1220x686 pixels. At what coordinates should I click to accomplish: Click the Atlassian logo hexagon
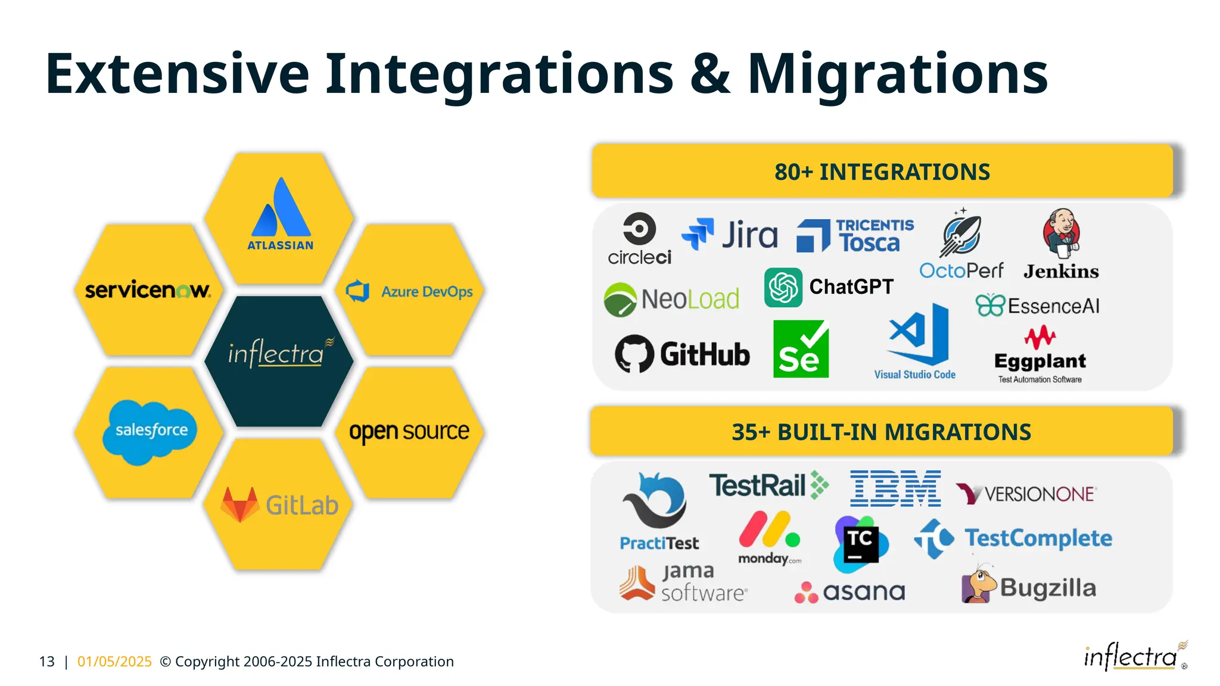tap(279, 218)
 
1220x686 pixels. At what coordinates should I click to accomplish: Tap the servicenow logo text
tap(147, 290)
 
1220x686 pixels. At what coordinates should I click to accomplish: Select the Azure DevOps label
tap(427, 292)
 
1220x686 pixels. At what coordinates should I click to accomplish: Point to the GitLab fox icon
tap(239, 504)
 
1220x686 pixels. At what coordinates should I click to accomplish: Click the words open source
tap(409, 431)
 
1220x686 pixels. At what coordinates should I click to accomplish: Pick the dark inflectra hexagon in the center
tap(279, 361)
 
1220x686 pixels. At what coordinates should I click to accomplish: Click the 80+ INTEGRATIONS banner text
tap(882, 172)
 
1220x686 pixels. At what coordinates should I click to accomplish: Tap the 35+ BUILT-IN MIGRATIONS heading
tap(881, 432)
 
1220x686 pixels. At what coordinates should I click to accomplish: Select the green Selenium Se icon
tap(801, 349)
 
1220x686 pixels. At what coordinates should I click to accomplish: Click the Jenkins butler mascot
tap(1061, 233)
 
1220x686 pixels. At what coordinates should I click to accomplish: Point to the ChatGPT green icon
tap(783, 288)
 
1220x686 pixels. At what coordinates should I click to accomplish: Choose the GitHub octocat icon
tap(634, 354)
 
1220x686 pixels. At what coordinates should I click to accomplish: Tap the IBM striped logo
tap(895, 488)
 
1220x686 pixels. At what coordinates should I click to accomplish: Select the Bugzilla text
tap(1048, 588)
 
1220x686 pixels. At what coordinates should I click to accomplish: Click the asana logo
tap(850, 592)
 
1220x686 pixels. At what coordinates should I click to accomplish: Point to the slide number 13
tap(46, 662)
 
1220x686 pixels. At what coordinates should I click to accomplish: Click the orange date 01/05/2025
tap(114, 662)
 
